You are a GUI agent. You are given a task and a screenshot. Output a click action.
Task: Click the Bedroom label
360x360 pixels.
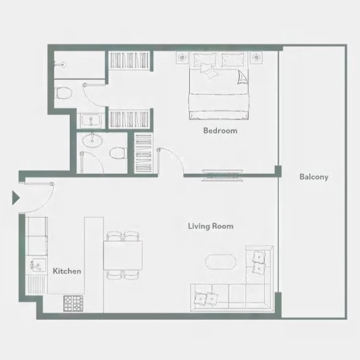pos(220,131)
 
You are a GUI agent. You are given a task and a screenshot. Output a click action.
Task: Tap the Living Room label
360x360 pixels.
pos(211,226)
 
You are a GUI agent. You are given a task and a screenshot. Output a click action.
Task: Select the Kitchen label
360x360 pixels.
pos(67,271)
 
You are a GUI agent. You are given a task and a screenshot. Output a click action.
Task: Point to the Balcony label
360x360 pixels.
pos(314,177)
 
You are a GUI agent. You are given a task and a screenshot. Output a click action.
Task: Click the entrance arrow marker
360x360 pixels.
pos(15,197)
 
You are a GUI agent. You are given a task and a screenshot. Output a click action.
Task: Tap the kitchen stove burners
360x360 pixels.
pos(73,303)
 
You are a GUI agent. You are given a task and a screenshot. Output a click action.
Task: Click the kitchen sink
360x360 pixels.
pos(37,265)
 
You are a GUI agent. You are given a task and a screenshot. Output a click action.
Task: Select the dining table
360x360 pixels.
pos(123,255)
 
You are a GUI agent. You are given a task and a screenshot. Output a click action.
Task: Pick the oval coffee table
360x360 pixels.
pos(220,262)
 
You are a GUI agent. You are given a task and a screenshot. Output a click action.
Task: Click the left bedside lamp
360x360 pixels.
pos(182,57)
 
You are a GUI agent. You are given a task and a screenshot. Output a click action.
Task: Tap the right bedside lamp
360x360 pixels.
pos(256,57)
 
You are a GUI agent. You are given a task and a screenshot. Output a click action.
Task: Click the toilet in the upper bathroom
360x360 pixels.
pos(64,93)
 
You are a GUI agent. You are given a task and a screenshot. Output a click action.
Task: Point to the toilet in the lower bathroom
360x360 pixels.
pos(118,153)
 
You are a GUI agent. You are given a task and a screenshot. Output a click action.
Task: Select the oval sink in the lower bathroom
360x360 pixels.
pos(92,140)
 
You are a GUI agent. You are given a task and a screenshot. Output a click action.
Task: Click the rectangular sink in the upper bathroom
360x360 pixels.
pos(90,120)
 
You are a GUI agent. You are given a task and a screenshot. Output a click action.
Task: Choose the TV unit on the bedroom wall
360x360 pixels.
pos(222,176)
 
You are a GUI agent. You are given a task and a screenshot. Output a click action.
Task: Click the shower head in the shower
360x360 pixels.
pos(61,64)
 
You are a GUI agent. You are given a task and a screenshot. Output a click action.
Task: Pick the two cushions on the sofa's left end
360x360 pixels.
pos(206,299)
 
